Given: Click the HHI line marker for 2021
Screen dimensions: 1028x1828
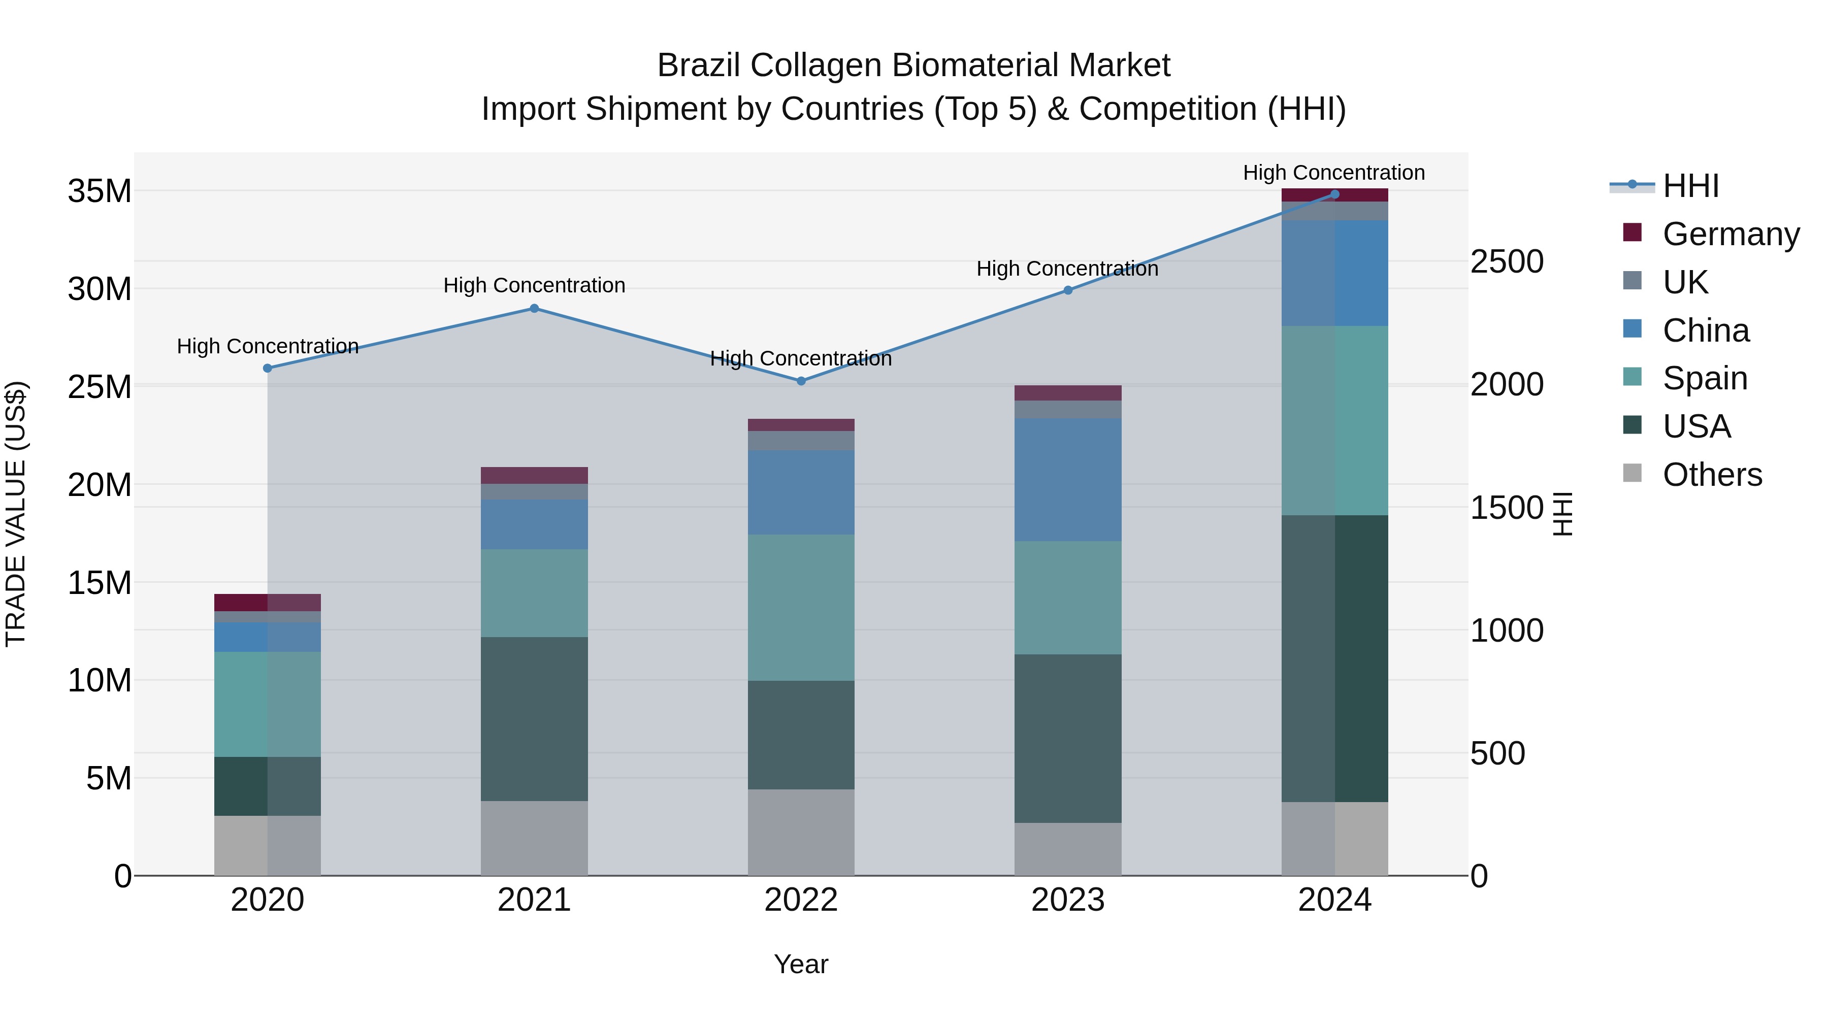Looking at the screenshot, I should (534, 309).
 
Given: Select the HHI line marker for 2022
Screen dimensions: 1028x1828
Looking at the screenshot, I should (801, 381).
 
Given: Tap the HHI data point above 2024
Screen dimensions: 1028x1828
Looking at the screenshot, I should (1335, 194).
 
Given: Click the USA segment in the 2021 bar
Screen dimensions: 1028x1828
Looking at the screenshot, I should (534, 719).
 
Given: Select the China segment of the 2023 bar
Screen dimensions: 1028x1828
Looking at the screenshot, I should (1068, 480).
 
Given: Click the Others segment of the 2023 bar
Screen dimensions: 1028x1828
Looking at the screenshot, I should (1068, 849).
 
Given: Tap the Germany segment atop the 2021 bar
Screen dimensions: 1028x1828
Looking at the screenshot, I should (534, 475).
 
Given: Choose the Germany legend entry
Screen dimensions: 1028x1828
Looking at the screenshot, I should (1730, 234).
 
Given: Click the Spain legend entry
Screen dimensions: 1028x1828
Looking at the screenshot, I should (1705, 378).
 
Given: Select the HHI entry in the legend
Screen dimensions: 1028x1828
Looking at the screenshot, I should (1690, 186).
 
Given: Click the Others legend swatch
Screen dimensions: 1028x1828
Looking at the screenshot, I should (1632, 473).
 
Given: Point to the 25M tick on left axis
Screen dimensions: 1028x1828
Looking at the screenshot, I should (100, 387).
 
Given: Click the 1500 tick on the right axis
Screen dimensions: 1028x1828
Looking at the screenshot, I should (1507, 508).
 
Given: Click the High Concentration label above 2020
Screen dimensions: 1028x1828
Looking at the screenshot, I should (268, 346).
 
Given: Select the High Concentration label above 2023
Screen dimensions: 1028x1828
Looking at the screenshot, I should (1067, 269).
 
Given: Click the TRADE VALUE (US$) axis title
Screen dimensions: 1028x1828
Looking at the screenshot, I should (16, 514).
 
